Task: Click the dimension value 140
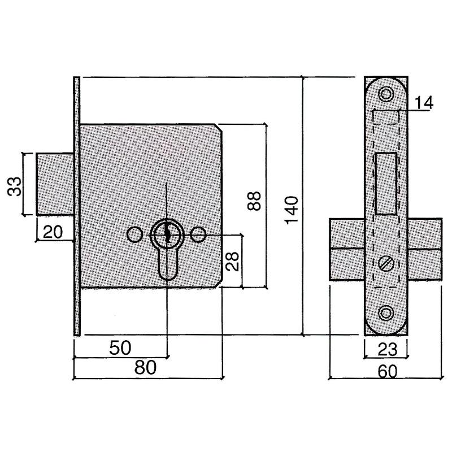coord(292,210)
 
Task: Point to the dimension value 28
coord(232,260)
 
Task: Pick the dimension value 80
coord(145,368)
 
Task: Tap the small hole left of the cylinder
coord(134,234)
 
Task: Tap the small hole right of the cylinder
coord(198,234)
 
